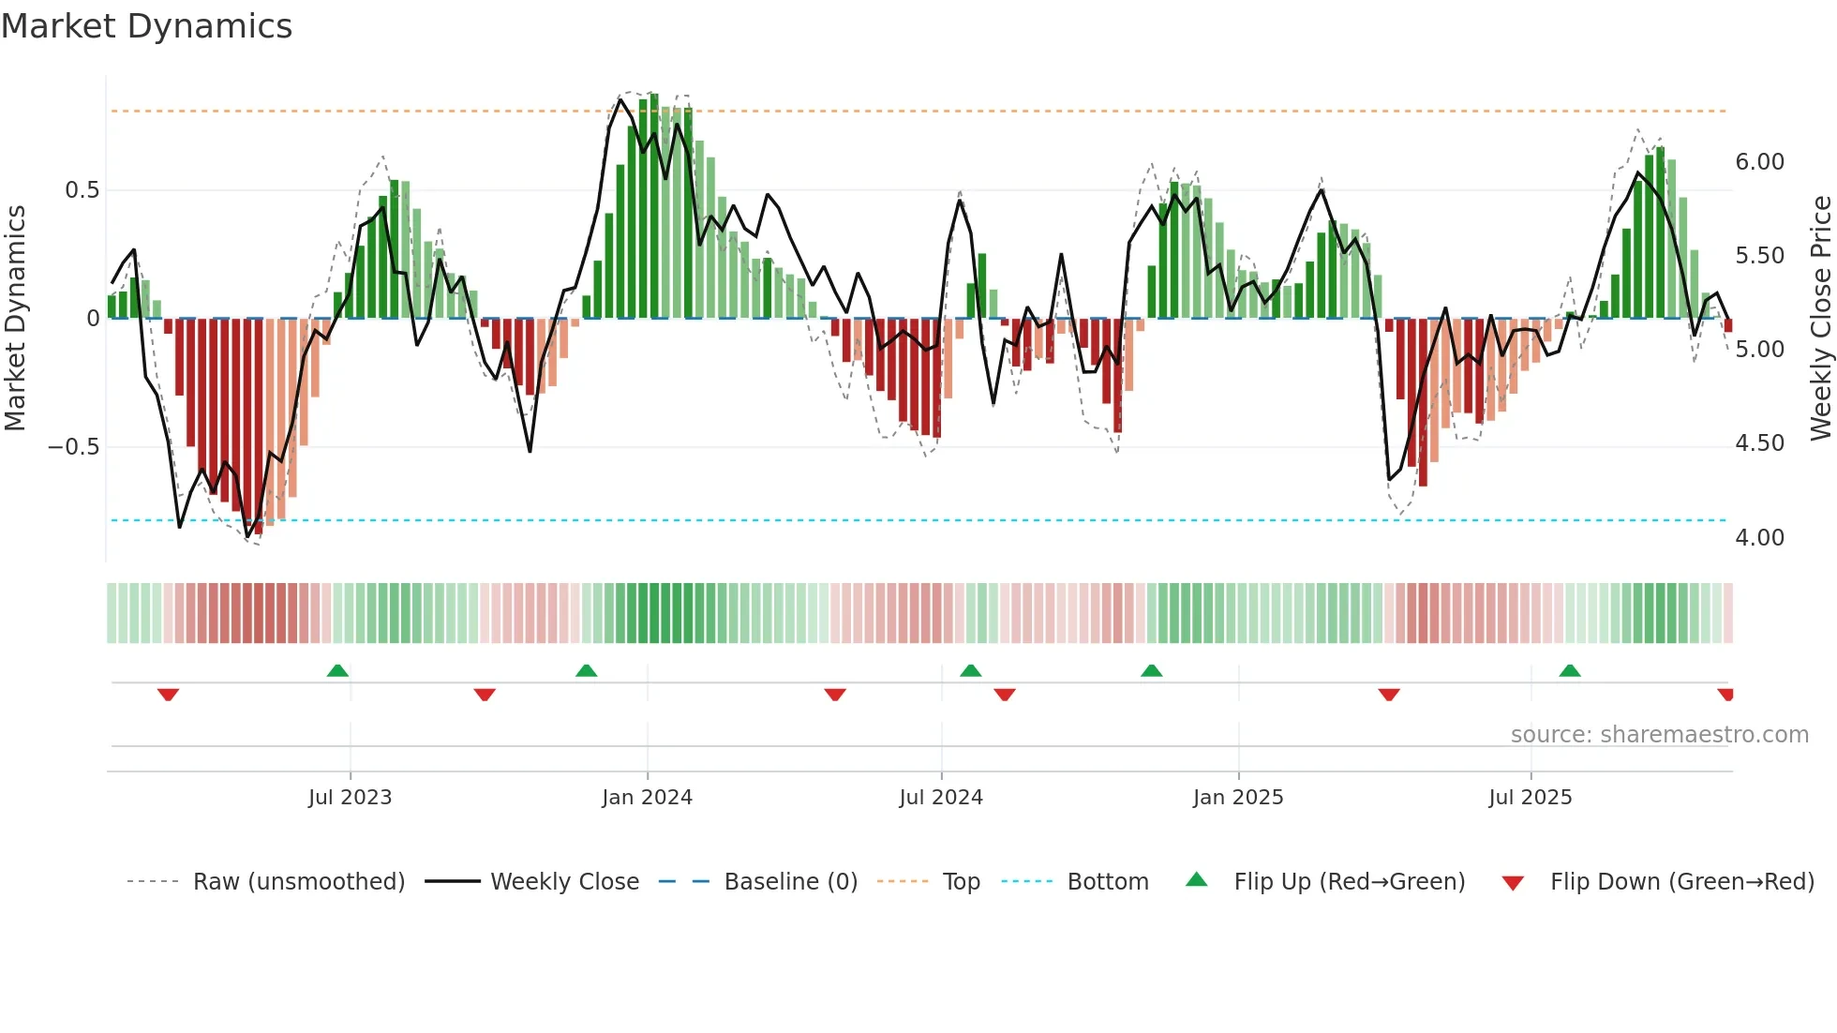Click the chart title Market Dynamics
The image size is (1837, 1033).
(x=147, y=26)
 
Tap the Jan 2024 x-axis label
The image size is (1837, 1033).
(x=647, y=798)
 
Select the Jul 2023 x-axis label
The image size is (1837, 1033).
(x=350, y=798)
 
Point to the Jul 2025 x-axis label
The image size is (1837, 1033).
(x=1530, y=798)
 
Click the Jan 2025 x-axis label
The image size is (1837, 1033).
(x=1237, y=798)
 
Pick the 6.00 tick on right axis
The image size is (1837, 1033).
(x=1759, y=162)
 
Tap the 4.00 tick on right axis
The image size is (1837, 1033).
(x=1759, y=538)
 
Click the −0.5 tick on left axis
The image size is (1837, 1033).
(x=74, y=447)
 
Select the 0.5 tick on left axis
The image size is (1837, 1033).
(x=82, y=190)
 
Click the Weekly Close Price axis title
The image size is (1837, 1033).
(x=1820, y=319)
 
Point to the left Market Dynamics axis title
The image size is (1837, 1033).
(x=15, y=319)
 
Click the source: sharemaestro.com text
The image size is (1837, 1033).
(x=1659, y=735)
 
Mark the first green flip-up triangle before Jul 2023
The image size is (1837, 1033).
(x=337, y=670)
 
